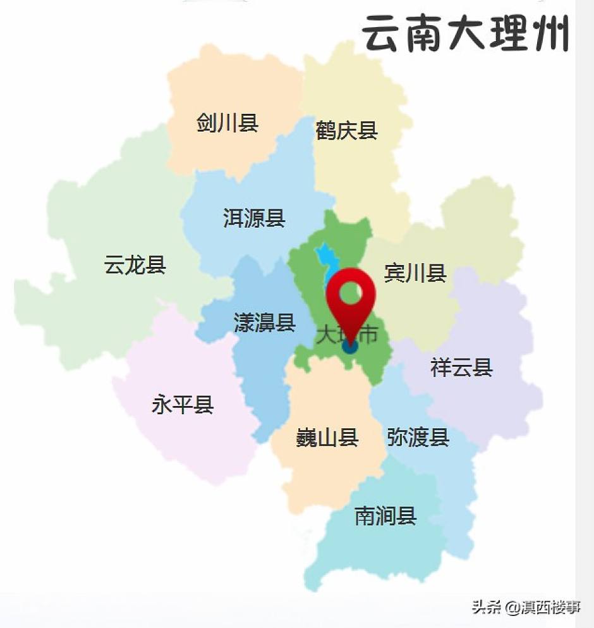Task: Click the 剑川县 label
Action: pos(227,123)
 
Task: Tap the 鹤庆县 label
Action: pos(346,131)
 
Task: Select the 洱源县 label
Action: pos(254,218)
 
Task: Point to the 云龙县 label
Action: pos(135,265)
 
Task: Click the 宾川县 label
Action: pos(415,273)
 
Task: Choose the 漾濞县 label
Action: pos(265,323)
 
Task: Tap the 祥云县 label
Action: pos(461,367)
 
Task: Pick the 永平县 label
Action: pos(183,404)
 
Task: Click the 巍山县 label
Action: pos(327,437)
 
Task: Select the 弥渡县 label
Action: pos(418,437)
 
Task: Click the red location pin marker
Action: pos(351,300)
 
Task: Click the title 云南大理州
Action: pos(467,34)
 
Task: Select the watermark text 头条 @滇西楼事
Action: pos(526,608)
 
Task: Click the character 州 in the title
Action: pos(550,34)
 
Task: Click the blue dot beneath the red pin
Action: pos(350,345)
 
